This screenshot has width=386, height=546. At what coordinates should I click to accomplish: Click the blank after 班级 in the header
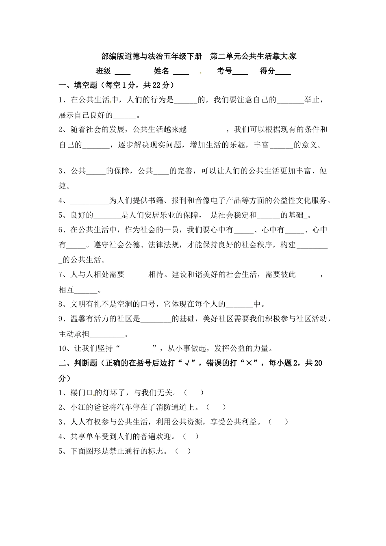(123, 72)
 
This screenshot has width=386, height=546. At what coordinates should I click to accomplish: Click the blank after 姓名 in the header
(181, 72)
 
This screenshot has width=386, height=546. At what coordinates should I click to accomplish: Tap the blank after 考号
(240, 72)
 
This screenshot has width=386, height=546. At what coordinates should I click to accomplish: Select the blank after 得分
(283, 72)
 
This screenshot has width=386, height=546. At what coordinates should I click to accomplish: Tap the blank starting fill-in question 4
(89, 201)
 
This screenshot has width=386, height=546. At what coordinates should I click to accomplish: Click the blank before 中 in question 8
(239, 304)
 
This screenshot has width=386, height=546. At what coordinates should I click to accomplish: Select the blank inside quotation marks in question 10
(136, 349)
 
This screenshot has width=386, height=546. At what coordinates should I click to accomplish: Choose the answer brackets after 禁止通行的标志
(183, 451)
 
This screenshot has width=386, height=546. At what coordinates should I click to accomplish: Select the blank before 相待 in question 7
(137, 275)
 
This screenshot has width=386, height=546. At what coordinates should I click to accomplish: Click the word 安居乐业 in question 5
(167, 215)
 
